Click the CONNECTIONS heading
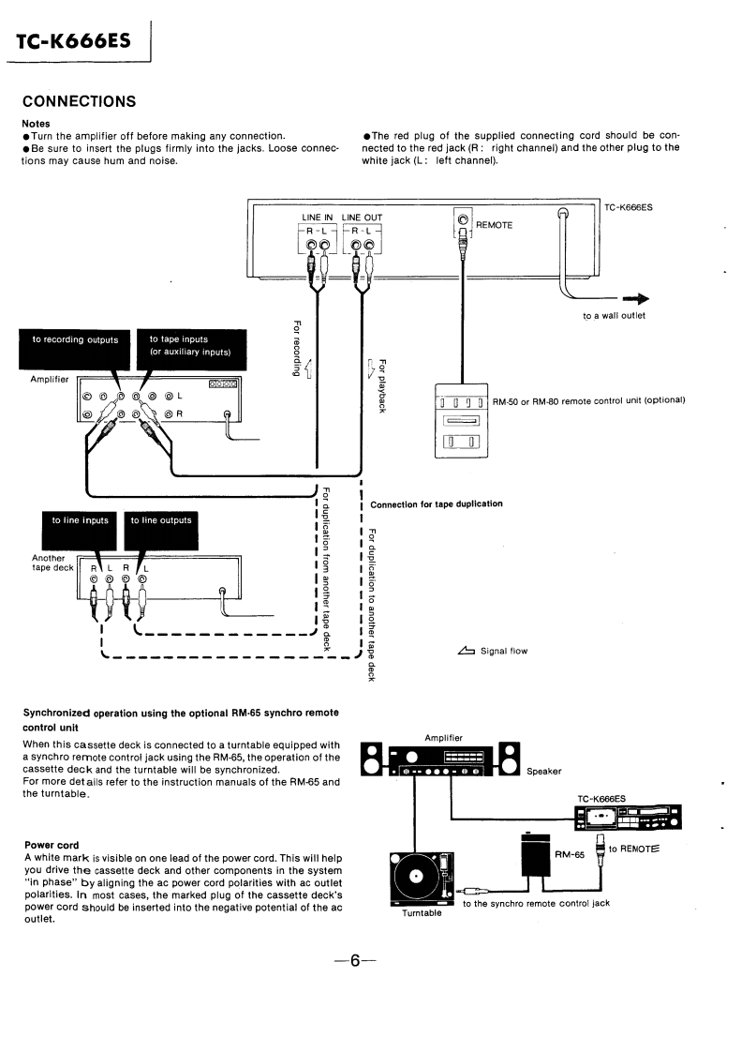[x=79, y=101]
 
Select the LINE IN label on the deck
[x=317, y=218]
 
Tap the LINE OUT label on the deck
[x=362, y=218]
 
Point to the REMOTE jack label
[x=494, y=225]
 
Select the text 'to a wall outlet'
[x=614, y=316]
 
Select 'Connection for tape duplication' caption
[x=437, y=503]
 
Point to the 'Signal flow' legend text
[x=503, y=651]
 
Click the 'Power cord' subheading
[x=52, y=845]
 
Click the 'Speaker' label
[x=543, y=772]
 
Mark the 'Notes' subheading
[x=36, y=124]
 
